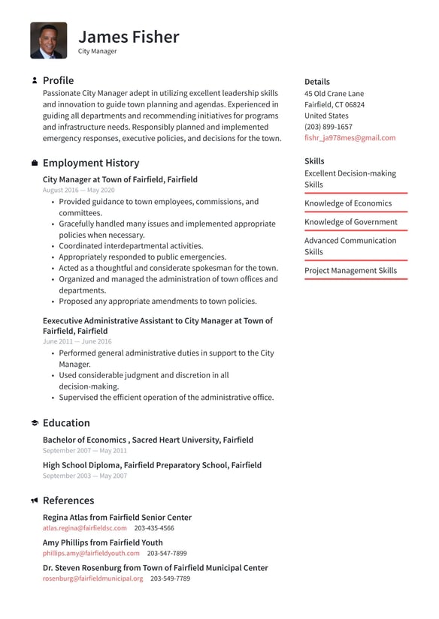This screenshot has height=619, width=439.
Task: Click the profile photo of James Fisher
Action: pyautogui.click(x=48, y=41)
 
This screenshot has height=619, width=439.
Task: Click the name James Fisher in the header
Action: pyautogui.click(x=129, y=37)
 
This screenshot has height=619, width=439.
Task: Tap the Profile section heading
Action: pyautogui.click(x=58, y=80)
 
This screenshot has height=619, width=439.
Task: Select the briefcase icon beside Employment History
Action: pyautogui.click(x=35, y=163)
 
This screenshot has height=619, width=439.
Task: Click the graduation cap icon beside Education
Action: pyautogui.click(x=35, y=423)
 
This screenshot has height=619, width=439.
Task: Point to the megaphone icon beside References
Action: pyautogui.click(x=35, y=500)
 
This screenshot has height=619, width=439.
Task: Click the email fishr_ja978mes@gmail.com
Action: pyautogui.click(x=350, y=138)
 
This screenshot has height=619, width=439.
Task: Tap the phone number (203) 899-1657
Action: pyautogui.click(x=328, y=127)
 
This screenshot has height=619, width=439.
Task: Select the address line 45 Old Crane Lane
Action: pyautogui.click(x=334, y=94)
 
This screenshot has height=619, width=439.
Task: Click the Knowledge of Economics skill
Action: pyautogui.click(x=347, y=203)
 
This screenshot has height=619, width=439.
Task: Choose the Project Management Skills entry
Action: pyautogui.click(x=350, y=271)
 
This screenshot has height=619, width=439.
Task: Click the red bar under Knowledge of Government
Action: pyautogui.click(x=356, y=231)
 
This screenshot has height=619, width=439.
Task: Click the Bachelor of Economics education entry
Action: pyautogui.click(x=147, y=440)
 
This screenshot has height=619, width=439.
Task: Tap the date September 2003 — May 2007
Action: pyautogui.click(x=85, y=476)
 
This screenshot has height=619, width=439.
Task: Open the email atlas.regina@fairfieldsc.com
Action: pyautogui.click(x=84, y=528)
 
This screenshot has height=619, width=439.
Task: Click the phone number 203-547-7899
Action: pyautogui.click(x=167, y=554)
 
